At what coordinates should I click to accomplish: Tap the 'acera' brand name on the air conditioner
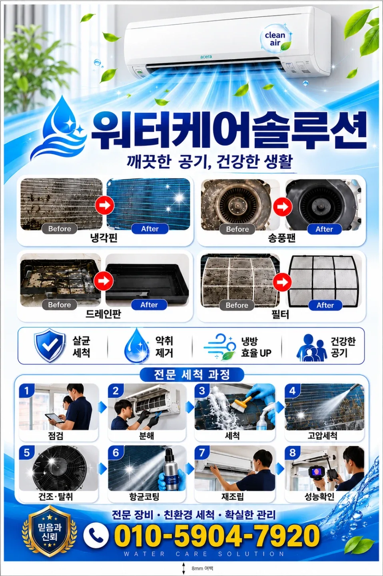(206, 56)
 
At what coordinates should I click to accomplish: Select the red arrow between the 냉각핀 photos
(105, 205)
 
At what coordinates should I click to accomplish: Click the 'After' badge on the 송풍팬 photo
(324, 229)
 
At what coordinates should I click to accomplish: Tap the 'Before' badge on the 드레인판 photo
(60, 304)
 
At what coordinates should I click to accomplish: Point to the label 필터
(280, 314)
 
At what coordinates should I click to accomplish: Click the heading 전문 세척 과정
(191, 374)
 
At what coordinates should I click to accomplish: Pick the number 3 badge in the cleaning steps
(202, 391)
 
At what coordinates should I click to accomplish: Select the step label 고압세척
(322, 436)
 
